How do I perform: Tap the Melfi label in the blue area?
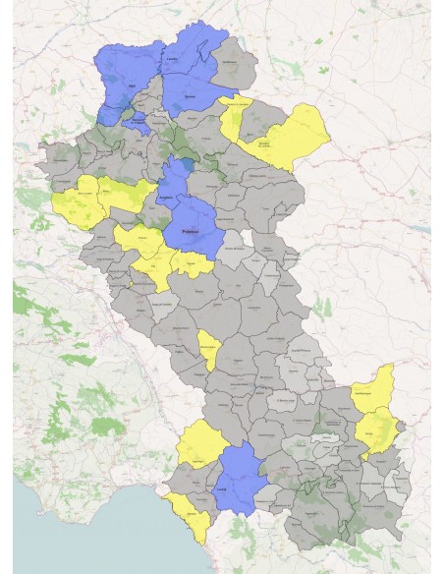coord(131,87)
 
